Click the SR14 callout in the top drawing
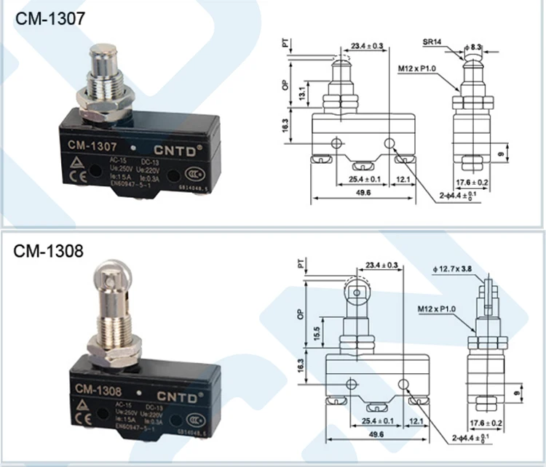click(x=433, y=42)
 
